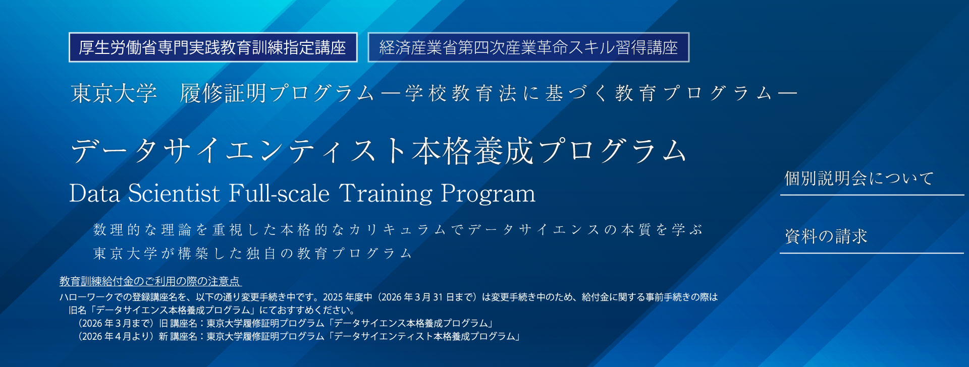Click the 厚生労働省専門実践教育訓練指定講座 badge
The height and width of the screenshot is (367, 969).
213,47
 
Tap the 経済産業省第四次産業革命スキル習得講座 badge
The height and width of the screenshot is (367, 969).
528,47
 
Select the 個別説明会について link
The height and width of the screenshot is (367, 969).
859,178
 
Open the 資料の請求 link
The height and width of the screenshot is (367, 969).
826,236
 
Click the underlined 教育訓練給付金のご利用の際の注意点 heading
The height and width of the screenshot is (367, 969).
150,281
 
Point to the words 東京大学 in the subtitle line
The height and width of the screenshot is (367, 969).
114,93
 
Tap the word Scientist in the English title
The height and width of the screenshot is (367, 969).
174,194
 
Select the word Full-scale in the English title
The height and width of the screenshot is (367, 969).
279,194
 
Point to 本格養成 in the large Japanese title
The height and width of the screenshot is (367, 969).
472,151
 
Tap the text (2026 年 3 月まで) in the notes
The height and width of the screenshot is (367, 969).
116,323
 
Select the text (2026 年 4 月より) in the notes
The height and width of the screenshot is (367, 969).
116,336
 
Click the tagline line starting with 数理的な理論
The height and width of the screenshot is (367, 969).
398,230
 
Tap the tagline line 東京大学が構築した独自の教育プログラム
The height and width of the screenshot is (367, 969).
253,253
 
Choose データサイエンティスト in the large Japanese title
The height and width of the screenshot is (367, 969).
240,151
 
